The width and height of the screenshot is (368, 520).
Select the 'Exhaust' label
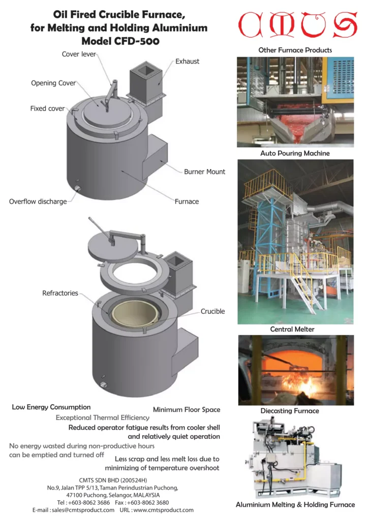point(188,61)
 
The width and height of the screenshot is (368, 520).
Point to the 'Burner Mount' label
point(204,172)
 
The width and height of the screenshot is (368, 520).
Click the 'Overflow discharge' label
point(38,202)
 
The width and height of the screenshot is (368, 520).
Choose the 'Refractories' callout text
point(60,293)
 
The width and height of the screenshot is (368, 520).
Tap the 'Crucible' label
point(212,311)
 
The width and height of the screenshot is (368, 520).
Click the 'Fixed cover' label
point(47,109)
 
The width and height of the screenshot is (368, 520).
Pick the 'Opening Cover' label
point(53,83)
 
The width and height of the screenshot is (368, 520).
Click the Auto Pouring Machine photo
point(295,102)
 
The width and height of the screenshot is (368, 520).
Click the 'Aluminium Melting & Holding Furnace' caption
point(295,505)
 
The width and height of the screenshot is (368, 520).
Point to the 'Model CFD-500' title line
point(120,42)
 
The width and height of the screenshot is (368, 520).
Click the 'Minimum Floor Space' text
point(187,409)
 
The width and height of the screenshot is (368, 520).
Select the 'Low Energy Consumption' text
point(51,407)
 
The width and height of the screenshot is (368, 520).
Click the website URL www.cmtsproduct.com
point(163,510)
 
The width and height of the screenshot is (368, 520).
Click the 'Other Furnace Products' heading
point(295,50)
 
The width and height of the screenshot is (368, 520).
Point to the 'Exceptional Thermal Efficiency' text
point(103,417)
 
